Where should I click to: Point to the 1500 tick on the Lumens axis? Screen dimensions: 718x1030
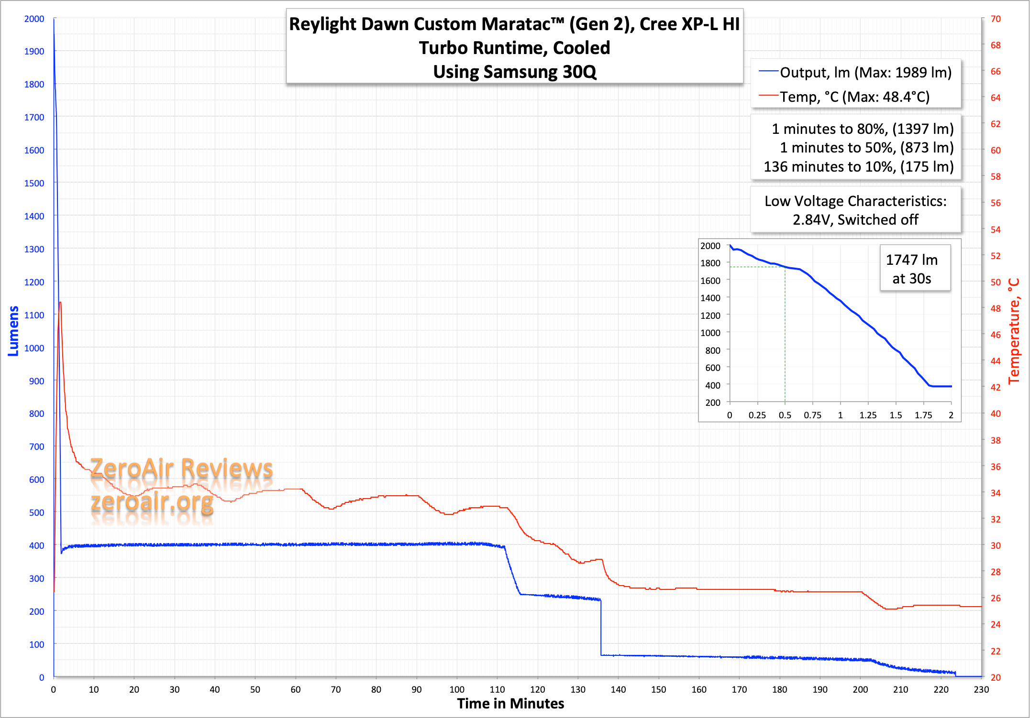coord(34,183)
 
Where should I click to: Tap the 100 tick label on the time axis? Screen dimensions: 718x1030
coord(457,689)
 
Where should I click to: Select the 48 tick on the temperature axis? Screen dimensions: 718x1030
coord(996,308)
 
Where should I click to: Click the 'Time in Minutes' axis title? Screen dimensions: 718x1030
coord(510,704)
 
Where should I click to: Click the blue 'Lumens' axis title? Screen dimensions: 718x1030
coord(13,331)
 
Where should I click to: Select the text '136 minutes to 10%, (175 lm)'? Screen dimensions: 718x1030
coord(859,167)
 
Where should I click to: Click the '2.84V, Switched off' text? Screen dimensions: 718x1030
coord(855,220)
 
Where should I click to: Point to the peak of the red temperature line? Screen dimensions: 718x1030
coord(60,303)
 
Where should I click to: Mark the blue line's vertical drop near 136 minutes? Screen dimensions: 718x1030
coord(601,626)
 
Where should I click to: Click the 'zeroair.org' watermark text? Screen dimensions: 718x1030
coord(152,502)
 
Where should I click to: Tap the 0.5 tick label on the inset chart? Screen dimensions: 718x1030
coord(785,415)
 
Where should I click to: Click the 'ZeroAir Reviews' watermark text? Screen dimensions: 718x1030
coord(181,468)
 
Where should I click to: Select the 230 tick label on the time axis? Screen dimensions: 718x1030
coord(981,689)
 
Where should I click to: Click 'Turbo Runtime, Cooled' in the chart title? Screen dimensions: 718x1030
coord(514,48)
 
